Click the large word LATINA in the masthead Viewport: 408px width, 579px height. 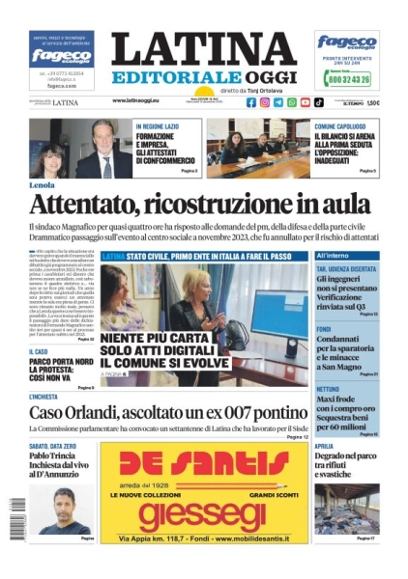(203, 49)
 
